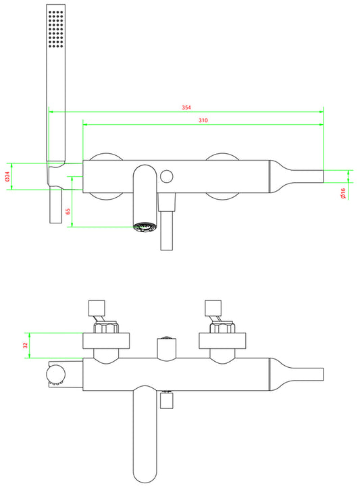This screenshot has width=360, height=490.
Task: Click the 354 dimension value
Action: (186, 107)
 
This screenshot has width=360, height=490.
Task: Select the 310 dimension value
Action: (203, 120)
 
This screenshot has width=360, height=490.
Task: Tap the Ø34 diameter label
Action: (7, 177)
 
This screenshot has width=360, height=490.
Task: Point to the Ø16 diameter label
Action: (342, 193)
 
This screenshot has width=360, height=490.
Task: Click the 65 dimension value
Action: (68, 211)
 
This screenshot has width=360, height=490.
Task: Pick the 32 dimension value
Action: (26, 345)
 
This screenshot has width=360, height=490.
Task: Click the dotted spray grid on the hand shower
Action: (56, 29)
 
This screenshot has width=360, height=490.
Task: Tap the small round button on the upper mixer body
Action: (166, 177)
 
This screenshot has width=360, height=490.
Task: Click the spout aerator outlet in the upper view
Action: (145, 227)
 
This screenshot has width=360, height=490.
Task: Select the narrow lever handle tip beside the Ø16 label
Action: (308, 177)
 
